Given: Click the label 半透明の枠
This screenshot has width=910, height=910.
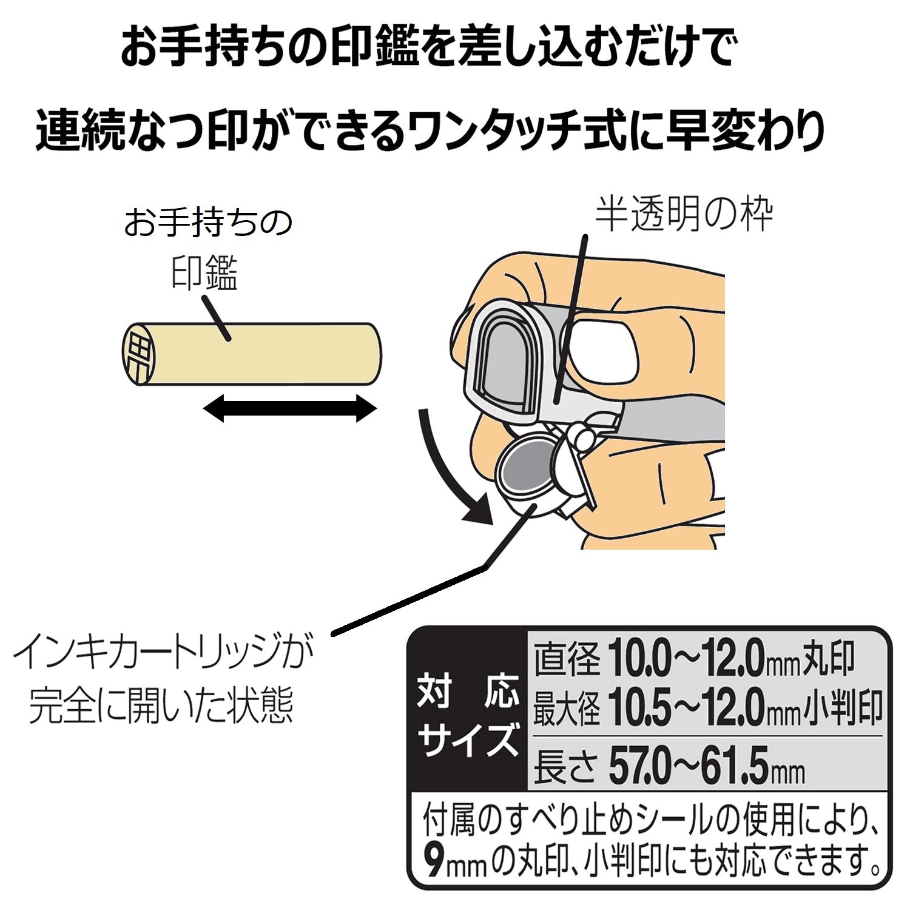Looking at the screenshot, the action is (683, 215).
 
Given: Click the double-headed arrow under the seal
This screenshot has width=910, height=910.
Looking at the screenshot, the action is (290, 408).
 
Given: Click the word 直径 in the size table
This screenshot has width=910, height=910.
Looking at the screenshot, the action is (566, 660).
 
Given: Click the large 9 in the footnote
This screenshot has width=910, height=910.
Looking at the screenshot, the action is (435, 861).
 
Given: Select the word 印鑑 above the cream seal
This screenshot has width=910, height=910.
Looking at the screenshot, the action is (204, 273).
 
